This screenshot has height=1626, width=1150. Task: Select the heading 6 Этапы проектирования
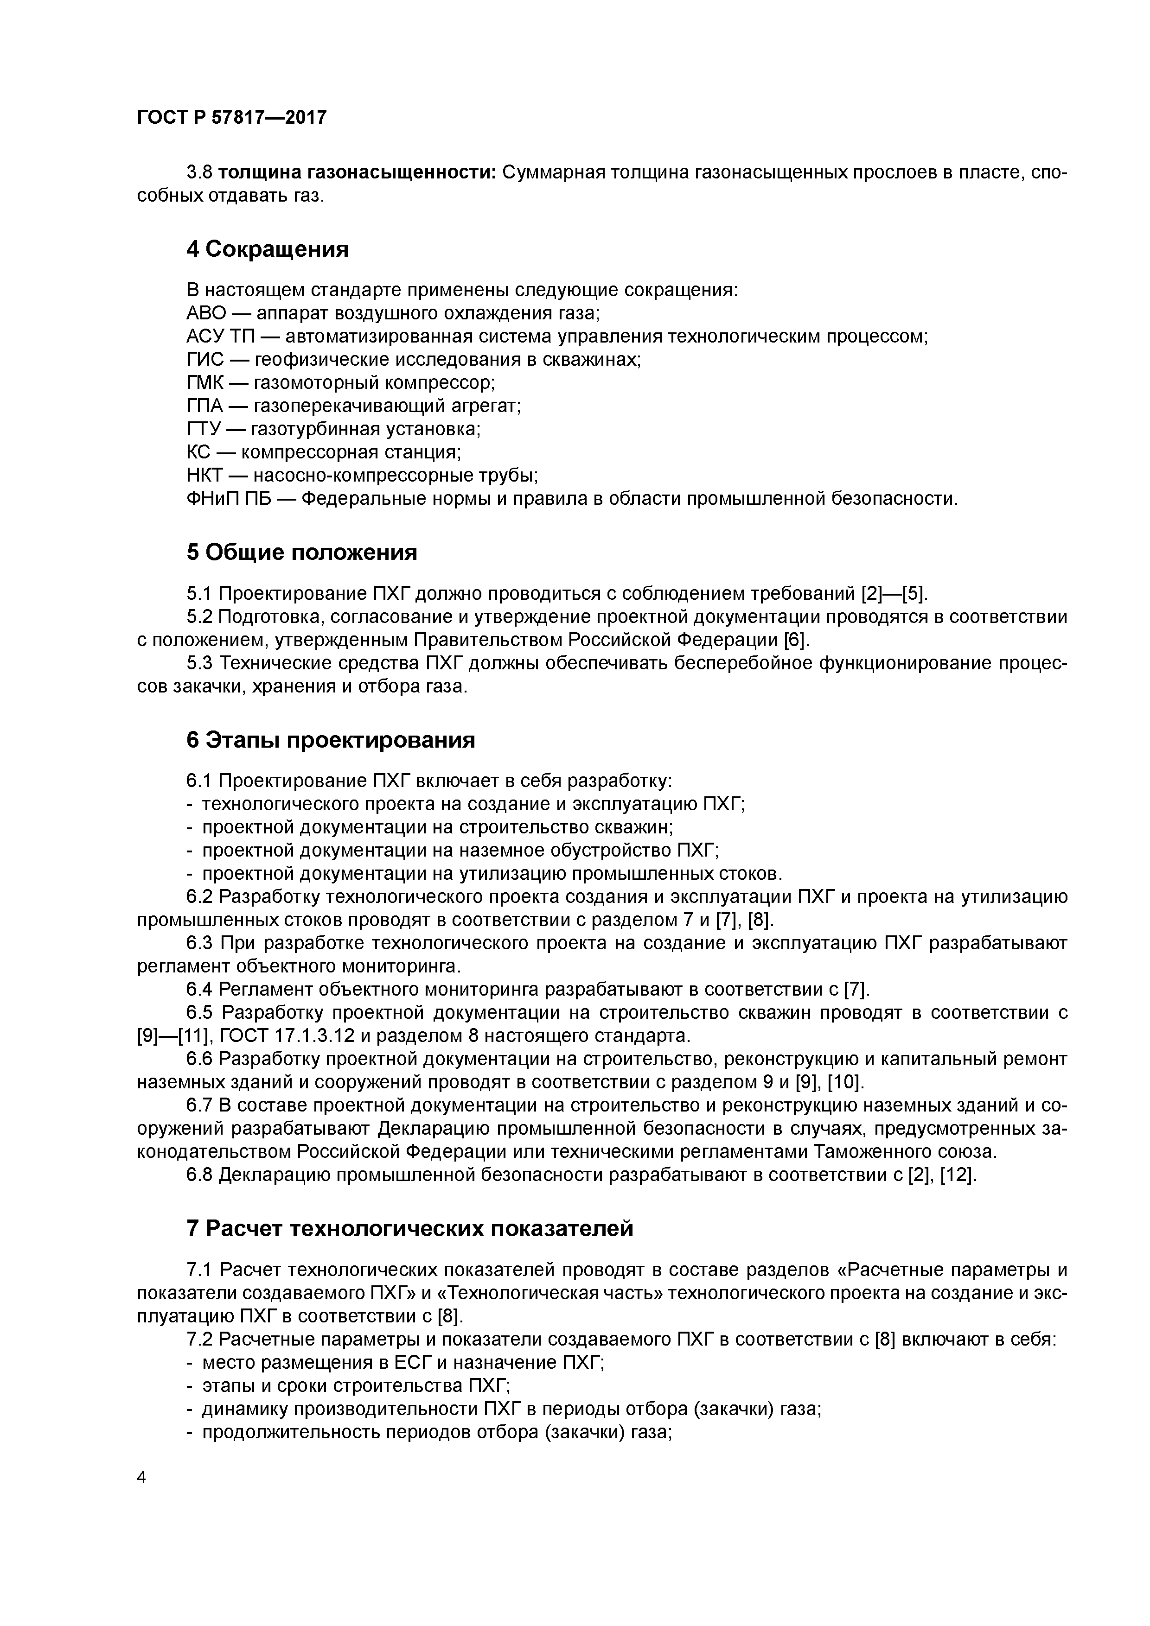330,741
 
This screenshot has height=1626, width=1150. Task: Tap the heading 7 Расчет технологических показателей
409,1229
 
